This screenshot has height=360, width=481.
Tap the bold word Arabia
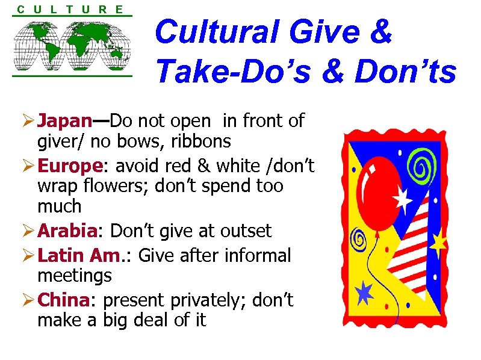(x=67, y=231)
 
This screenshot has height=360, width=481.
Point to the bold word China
(x=63, y=300)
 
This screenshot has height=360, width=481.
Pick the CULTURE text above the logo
(x=70, y=9)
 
